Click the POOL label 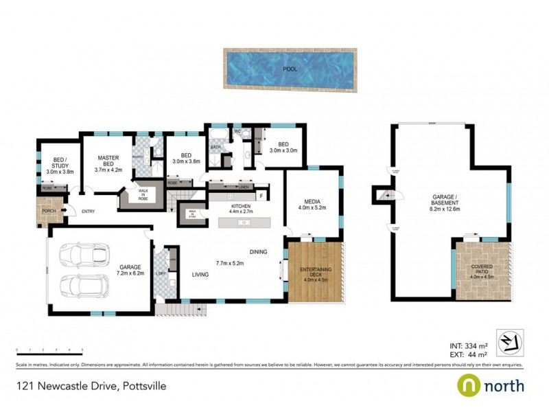pos(291,69)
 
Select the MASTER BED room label pos(108,161)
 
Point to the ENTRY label pos(88,212)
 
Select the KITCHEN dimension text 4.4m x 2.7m pos(240,212)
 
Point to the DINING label pos(257,251)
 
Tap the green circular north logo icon pos(468,385)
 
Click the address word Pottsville pos(144,387)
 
